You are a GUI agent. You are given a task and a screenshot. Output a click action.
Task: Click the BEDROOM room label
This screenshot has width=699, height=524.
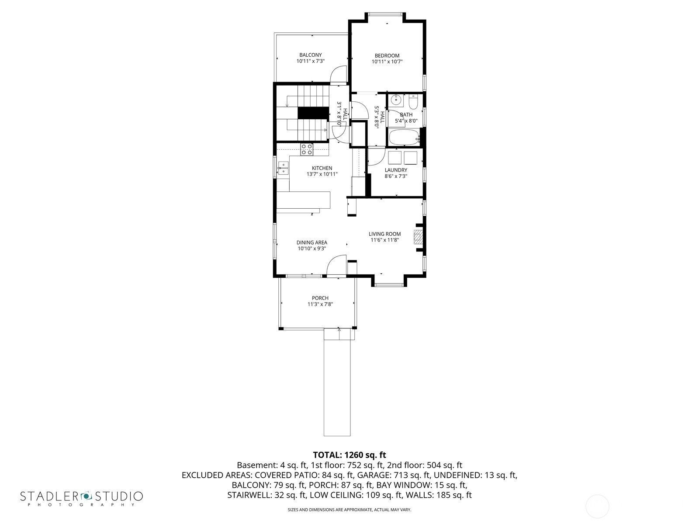pos(387,56)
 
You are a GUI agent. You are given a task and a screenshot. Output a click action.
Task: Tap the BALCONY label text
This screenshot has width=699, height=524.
pos(311,55)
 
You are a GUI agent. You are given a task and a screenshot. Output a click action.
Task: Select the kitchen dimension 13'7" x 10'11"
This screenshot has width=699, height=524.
pos(322,174)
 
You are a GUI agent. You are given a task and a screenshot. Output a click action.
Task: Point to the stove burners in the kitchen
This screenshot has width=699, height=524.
pos(307,149)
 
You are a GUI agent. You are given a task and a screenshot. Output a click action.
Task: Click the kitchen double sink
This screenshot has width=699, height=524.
pos(283,168)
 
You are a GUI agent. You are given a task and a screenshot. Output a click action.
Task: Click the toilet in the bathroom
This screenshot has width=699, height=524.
pos(413,101)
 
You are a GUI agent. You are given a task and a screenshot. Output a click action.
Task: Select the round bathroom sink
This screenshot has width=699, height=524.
pos(397,100)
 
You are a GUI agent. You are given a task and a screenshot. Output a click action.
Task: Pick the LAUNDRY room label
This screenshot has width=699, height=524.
pos(396,170)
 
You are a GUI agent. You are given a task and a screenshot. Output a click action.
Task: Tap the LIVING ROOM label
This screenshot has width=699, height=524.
pos(385,234)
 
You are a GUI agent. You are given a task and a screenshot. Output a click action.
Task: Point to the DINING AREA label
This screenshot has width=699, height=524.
pos(312,242)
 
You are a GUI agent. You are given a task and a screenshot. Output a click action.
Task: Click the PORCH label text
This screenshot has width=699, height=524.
pos(320,298)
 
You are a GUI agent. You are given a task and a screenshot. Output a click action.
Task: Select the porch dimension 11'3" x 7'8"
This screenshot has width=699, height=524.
pos(320,304)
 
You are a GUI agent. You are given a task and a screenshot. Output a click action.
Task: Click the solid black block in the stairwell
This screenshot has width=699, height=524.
pos(313,113)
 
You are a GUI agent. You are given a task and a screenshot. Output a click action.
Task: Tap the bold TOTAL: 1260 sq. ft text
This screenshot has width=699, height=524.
pos(349,455)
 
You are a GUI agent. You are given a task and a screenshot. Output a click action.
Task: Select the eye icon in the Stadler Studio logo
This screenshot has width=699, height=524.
pos(86,496)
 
